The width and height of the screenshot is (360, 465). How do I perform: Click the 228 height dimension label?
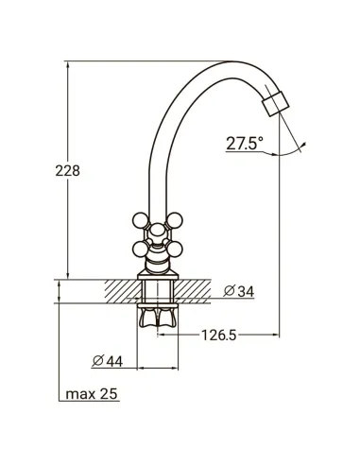[x=68, y=171]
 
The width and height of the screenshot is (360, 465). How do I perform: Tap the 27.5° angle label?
[x=245, y=144]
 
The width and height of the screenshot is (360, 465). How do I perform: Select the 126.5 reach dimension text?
[x=218, y=336]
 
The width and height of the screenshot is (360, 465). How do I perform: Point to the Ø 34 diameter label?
[x=238, y=291]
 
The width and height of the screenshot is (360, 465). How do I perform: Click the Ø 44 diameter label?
[x=107, y=361]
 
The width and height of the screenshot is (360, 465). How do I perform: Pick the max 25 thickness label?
[x=92, y=394]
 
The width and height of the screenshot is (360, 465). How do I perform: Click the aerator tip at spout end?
[x=276, y=104]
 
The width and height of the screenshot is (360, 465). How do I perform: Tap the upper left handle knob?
[x=141, y=220]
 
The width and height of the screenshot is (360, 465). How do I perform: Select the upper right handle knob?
[x=175, y=220]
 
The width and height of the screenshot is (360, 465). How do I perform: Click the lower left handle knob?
[x=141, y=250]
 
